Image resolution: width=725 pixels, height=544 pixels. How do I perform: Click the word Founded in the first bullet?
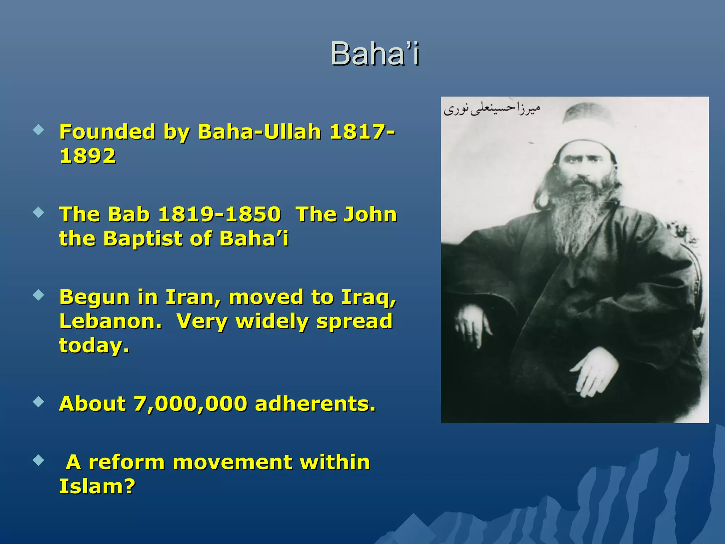[x=107, y=132]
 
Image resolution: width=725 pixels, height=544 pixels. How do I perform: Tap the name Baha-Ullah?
[x=259, y=132]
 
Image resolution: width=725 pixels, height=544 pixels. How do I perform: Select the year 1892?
[x=88, y=156]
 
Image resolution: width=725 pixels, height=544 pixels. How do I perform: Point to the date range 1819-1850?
[x=219, y=214]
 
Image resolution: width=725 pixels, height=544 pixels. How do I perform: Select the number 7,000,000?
[x=190, y=404]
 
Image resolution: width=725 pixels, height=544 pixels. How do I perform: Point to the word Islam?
[x=97, y=486]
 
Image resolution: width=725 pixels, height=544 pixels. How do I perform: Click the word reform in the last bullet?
[x=126, y=462]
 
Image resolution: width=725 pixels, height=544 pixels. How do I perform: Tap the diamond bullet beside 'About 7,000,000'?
[x=38, y=402]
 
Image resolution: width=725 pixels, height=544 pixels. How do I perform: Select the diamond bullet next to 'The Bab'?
[x=38, y=212]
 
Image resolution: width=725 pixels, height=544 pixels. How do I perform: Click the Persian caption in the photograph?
[x=492, y=108]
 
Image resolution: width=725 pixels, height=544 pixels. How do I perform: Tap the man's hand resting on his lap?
[x=595, y=375]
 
